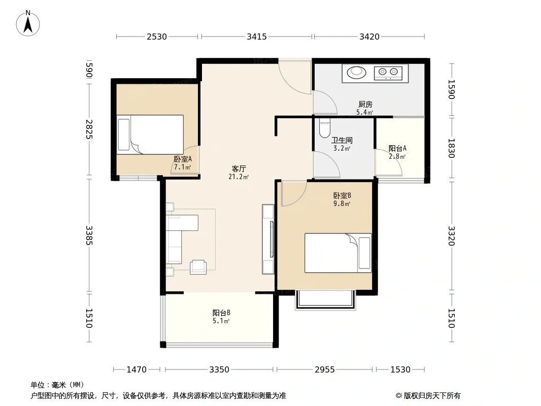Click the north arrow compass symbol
click(28, 23)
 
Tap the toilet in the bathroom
click(325, 128)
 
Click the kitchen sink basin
click(356, 73)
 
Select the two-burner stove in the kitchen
click(388, 73)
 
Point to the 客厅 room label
click(239, 168)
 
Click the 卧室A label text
click(183, 159)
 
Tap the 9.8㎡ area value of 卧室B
click(342, 204)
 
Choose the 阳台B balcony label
click(221, 313)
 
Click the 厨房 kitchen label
click(365, 104)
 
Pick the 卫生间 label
click(342, 141)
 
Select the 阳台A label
click(397, 148)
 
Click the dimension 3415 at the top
click(257, 37)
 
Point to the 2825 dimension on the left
click(89, 129)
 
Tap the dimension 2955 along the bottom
click(325, 370)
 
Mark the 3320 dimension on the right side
click(451, 236)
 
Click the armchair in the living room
click(198, 267)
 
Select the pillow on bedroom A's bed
click(123, 134)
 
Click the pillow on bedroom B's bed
click(364, 253)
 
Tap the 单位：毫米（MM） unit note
click(58, 385)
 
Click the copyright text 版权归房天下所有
click(432, 396)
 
